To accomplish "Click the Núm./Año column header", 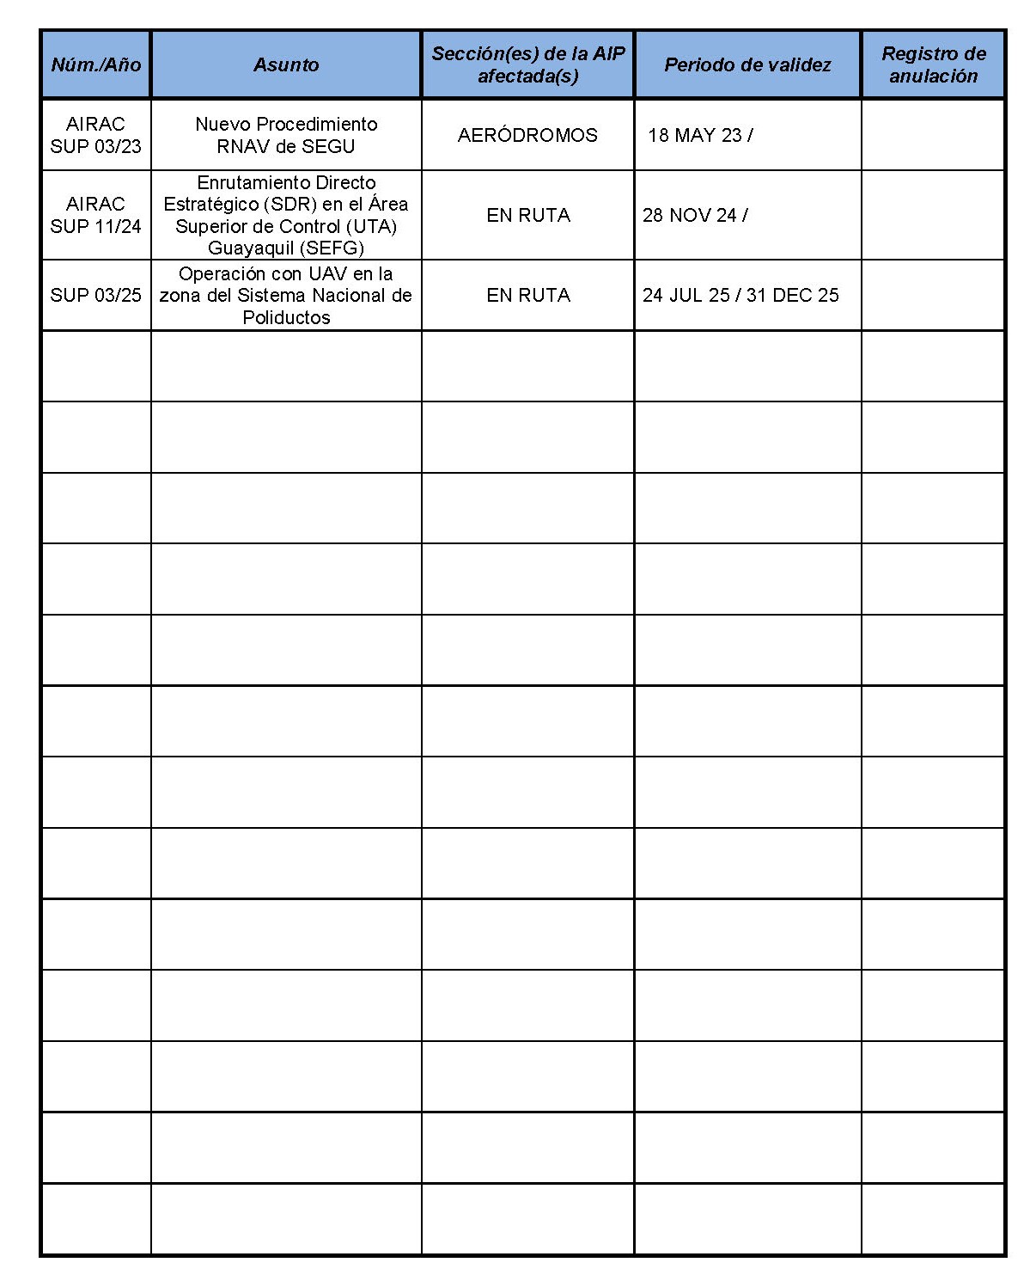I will click(x=95, y=64).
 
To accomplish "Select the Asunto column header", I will click(x=286, y=64).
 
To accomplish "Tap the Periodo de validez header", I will click(x=747, y=64).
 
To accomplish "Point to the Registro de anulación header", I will click(x=933, y=64).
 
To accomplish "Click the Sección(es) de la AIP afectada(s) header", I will click(x=527, y=64).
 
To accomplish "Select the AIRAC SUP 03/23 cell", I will click(x=95, y=135).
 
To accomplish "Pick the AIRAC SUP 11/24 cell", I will click(x=95, y=215).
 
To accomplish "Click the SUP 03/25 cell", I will click(x=95, y=295).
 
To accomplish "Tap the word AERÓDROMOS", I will click(x=527, y=135).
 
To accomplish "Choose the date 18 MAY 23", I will click(x=695, y=135).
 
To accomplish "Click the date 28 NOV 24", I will click(x=689, y=215).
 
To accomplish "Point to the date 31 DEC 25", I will click(x=793, y=295).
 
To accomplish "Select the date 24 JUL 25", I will click(x=686, y=295).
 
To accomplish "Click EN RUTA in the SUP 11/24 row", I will click(x=527, y=215).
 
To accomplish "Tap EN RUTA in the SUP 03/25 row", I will click(x=527, y=295).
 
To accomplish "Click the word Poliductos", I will click(x=286, y=317).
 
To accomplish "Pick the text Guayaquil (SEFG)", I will click(x=286, y=248).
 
